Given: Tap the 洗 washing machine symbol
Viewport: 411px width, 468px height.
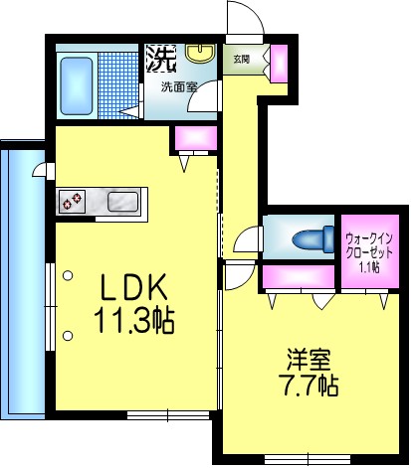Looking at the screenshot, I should point(160,58).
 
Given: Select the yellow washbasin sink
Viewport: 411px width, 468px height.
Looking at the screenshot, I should point(201,56).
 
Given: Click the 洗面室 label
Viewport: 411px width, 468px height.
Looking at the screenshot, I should point(180,86).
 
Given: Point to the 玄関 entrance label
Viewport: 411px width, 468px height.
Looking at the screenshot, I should point(242,59).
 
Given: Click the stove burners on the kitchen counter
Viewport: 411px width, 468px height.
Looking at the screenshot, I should point(72,202).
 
